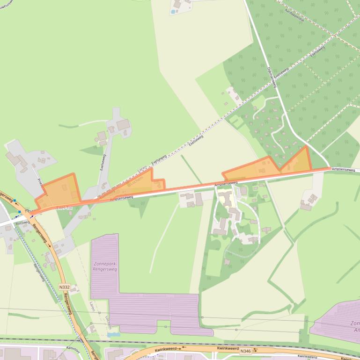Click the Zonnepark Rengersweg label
tap(104, 266)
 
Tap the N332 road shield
tap(64, 287)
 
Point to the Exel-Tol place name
tap(64, 206)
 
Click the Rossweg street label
tap(22, 223)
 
